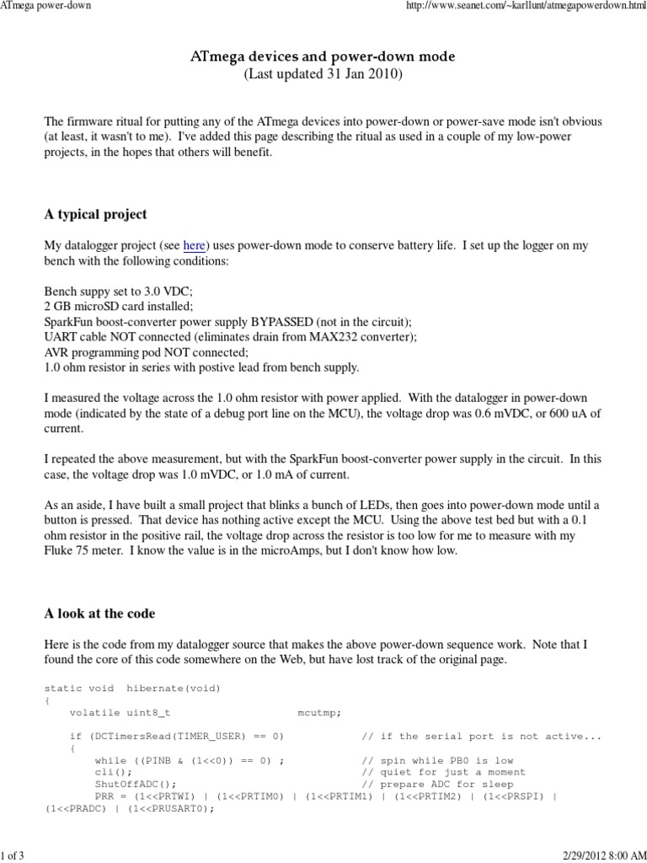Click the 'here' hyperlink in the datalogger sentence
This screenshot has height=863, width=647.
pos(194,245)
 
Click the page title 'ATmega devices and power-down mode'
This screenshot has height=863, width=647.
pos(323,56)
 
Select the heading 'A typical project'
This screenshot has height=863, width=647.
pos(94,214)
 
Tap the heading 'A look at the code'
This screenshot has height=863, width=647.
pos(99,613)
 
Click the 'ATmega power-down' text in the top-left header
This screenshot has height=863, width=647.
pos(45,6)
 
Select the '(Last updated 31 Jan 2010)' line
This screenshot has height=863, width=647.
pos(323,74)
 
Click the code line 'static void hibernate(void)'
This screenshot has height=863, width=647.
pos(132,689)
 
